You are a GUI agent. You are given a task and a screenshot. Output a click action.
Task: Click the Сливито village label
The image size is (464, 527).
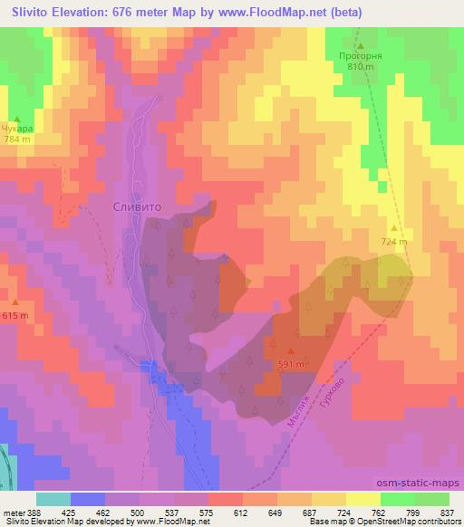coord(136,206)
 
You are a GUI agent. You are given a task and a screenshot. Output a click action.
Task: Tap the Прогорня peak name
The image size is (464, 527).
coord(361,56)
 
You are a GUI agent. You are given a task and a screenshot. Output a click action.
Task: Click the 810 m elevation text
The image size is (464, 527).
coord(361,67)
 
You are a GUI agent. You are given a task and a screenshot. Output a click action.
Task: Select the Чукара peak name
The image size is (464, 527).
coord(16,129)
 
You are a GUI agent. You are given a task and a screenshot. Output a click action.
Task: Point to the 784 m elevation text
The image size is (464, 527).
coord(16,139)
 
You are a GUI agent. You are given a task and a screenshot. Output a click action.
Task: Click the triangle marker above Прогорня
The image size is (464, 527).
coord(360,45)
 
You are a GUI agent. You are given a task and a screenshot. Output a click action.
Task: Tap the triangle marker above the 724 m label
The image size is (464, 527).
coord(394,230)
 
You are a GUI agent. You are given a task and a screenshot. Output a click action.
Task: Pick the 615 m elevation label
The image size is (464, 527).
coord(15,314)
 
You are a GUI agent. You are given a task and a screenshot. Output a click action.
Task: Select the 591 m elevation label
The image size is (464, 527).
coord(290,365)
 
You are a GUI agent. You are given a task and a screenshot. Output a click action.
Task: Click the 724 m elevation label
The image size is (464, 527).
coord(394,242)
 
